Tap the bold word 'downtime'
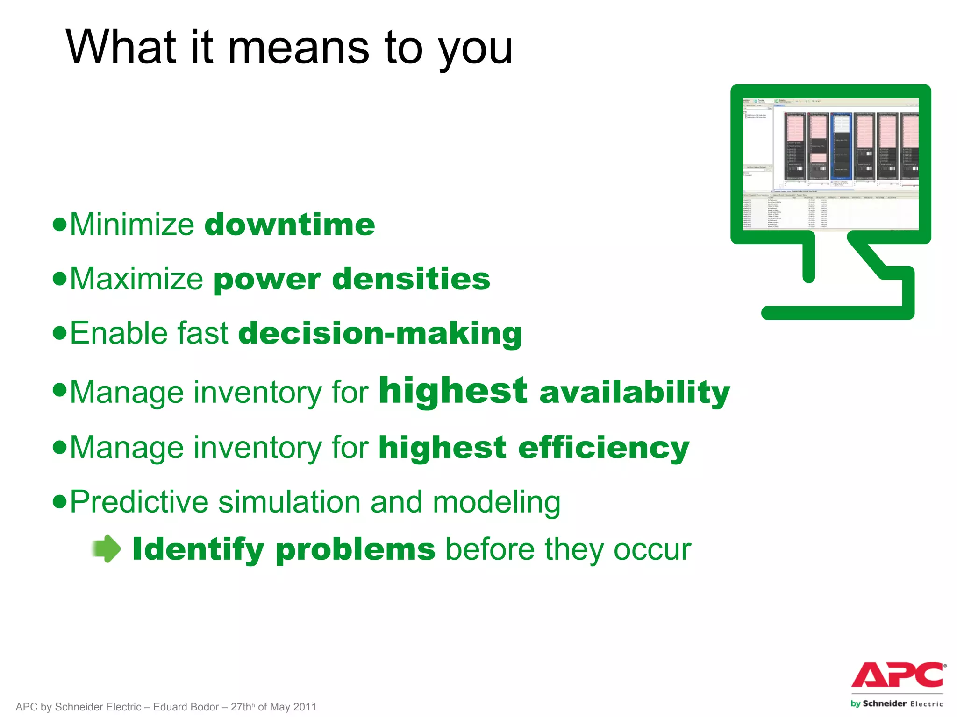(290, 225)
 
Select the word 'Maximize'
(136, 279)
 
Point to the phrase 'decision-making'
(380, 333)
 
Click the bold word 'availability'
(634, 392)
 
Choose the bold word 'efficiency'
(603, 447)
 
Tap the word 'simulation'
(289, 502)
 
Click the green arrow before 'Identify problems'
(107, 548)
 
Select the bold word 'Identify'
(198, 549)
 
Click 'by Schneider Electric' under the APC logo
(896, 703)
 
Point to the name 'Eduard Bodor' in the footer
(186, 707)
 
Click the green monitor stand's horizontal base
(836, 313)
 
